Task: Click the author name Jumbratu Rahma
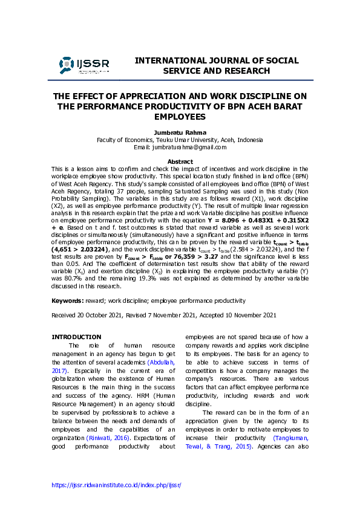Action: coord(180,132)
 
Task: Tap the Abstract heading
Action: coord(180,161)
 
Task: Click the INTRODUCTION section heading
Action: coord(76,337)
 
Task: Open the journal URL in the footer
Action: coord(116,485)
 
